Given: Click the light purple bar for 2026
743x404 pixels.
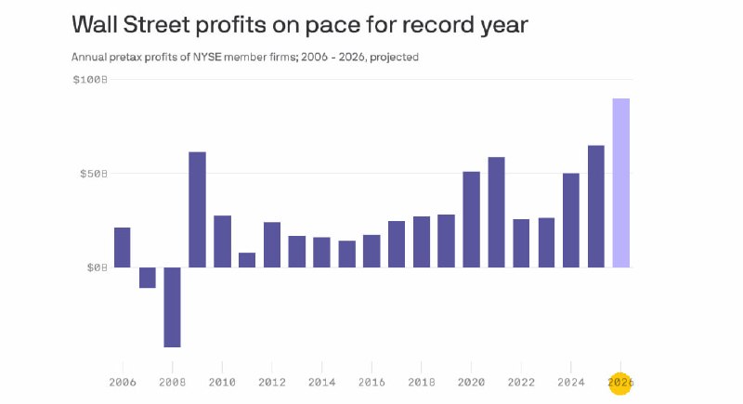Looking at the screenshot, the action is (620, 183).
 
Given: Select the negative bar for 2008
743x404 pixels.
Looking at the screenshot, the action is (172, 307).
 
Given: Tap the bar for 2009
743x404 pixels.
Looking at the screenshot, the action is (197, 210).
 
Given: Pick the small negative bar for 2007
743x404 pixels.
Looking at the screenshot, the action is (148, 278).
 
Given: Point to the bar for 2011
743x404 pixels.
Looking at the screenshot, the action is (247, 260).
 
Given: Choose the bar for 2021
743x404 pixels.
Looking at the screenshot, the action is (496, 212).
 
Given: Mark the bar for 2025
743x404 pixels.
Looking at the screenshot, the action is (596, 206).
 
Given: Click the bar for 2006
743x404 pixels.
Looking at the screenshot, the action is (123, 248).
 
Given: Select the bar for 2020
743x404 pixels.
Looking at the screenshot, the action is (472, 220).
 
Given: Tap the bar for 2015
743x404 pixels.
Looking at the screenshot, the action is (346, 254).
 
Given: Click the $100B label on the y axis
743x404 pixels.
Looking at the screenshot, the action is (90, 80).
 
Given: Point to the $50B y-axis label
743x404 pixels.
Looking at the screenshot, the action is (94, 174).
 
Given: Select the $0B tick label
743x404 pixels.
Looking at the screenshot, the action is (98, 267).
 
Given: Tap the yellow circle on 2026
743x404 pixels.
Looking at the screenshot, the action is (620, 382).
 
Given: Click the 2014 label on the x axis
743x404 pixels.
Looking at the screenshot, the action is (321, 383).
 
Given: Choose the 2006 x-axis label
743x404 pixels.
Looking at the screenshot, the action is (123, 383).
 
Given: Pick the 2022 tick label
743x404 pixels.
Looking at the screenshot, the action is (521, 383).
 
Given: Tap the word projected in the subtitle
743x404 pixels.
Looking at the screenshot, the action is (394, 58).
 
